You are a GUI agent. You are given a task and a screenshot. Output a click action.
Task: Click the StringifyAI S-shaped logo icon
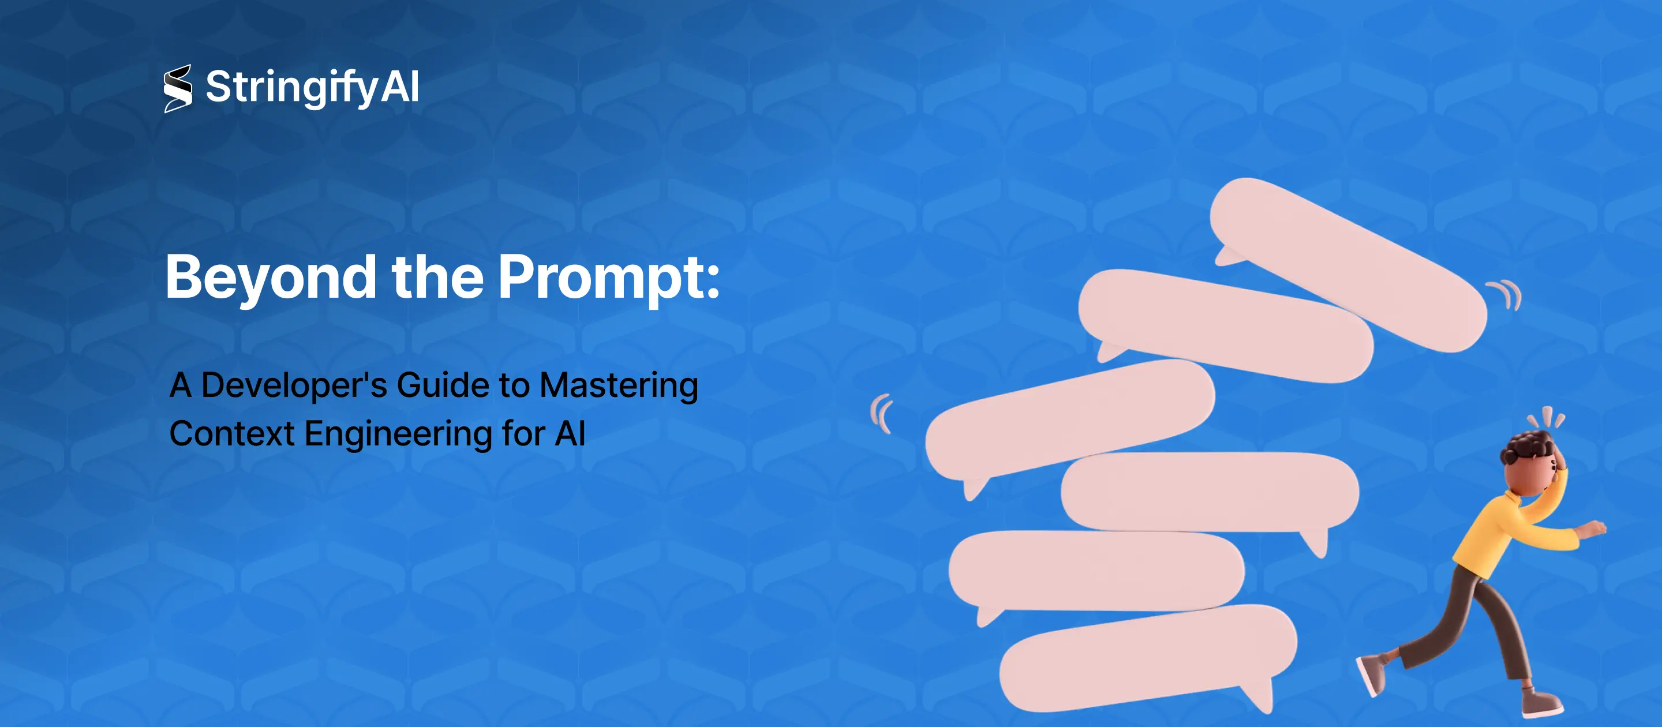[x=177, y=88]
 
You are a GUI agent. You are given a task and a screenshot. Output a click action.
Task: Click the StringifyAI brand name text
[x=312, y=87]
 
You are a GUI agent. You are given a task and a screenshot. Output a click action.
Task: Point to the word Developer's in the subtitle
[x=294, y=386]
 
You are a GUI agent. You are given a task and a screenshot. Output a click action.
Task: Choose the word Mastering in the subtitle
[x=619, y=386]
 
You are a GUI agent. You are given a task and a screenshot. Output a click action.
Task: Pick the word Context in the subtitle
[x=231, y=433]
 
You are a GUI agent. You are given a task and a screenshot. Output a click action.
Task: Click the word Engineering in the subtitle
[x=398, y=433]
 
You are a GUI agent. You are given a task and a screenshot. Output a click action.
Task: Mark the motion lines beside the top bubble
[x=1507, y=294]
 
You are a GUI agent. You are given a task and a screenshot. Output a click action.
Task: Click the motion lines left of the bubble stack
[x=881, y=414]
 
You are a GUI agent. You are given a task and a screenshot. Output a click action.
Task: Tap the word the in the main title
[x=437, y=278]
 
